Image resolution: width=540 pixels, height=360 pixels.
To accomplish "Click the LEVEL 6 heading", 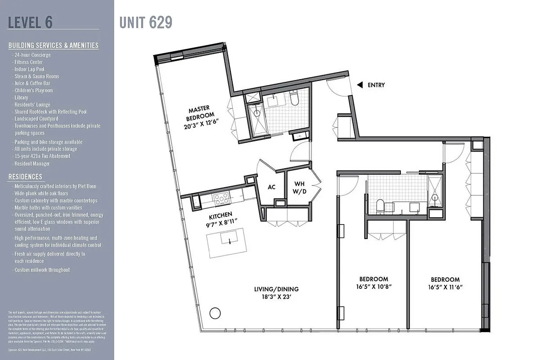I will [x=30, y=22].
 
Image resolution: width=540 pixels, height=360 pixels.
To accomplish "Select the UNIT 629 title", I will [x=146, y=22].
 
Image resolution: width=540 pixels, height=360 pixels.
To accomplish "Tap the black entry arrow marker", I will [x=360, y=85].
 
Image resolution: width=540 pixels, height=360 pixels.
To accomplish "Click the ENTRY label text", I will [x=376, y=85].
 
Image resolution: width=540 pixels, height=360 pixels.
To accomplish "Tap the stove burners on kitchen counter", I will [x=221, y=197].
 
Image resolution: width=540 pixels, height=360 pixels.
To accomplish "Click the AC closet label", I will [x=271, y=187].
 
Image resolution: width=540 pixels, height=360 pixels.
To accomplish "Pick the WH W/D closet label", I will [x=300, y=187].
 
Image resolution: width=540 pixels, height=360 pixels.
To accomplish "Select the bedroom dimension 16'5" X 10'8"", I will [x=373, y=287].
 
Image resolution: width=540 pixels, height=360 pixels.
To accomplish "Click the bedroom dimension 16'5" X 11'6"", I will [x=445, y=287].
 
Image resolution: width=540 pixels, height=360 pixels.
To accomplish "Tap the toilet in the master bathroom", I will [x=294, y=99].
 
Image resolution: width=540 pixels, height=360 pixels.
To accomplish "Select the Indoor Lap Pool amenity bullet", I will [x=31, y=69].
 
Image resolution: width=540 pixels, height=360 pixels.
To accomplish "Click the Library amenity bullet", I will [x=21, y=98].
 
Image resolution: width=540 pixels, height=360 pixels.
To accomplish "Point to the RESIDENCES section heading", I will [x=25, y=177].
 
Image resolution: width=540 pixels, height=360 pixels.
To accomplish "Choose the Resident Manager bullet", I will [x=32, y=163].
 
